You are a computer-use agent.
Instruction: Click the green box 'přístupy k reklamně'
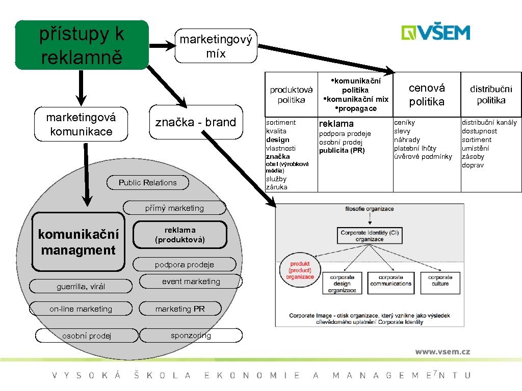coord(82,45)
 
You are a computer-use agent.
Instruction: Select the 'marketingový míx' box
coord(216,46)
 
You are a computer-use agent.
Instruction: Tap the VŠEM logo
coord(435,33)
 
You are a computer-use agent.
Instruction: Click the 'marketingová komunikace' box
coord(81,125)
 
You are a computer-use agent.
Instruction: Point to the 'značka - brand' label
coord(195,122)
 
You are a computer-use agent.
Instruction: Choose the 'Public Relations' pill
coord(147,183)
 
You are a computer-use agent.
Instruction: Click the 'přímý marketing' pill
coord(174,208)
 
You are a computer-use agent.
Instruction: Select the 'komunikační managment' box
coord(78,242)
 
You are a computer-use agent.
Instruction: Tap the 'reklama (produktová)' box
coord(179,235)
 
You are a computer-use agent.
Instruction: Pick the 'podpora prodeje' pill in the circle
coord(184,264)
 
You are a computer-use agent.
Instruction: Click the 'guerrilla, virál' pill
coord(81,287)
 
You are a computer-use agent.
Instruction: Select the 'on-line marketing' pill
coord(81,309)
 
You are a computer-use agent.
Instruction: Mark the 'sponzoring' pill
coord(191,335)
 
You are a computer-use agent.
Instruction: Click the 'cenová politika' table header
coord(427,95)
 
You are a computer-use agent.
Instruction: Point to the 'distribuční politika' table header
coord(491,95)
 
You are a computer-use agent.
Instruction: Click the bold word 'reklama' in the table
coord(336,124)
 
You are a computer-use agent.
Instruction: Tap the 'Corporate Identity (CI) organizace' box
coord(370,236)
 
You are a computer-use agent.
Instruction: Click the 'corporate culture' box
coord(440,281)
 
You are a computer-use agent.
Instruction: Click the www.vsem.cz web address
coord(442,352)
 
